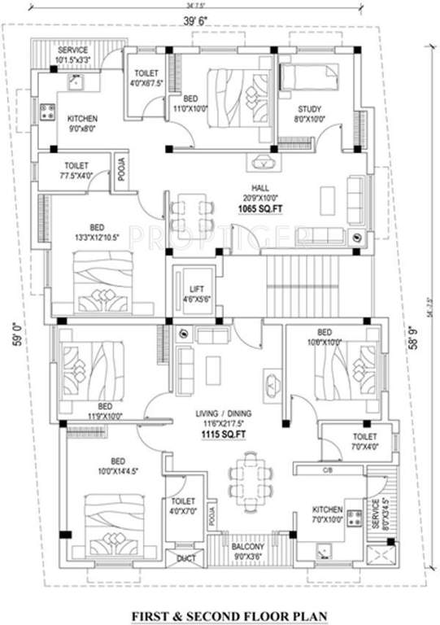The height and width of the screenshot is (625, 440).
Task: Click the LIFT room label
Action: click(193, 288)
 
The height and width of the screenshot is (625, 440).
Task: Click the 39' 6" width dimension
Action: click(220, 18)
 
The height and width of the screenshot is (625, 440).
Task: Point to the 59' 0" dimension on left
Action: click(17, 333)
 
